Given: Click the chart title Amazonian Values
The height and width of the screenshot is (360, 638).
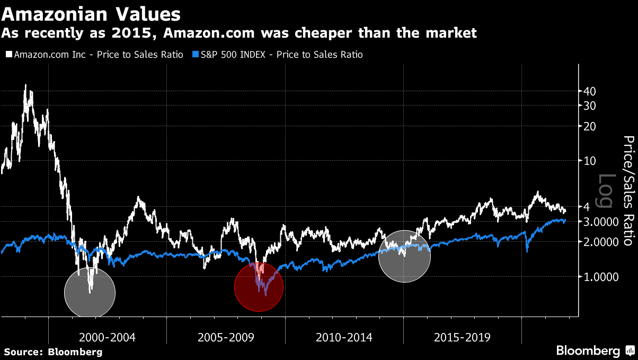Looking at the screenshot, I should (91, 13).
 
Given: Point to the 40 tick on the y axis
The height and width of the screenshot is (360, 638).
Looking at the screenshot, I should (590, 91).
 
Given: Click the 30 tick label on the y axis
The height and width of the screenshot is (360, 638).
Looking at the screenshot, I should (590, 106).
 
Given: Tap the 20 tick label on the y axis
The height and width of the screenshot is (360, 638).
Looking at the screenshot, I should (590, 126).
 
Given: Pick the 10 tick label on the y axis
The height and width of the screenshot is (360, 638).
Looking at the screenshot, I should (590, 161).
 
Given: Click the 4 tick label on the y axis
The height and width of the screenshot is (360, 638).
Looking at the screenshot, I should (587, 207).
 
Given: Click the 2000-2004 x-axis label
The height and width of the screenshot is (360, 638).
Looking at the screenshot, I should (107, 337).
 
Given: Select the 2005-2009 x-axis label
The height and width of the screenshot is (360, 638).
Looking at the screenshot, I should (225, 337).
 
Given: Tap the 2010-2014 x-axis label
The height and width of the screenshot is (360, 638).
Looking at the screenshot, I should (343, 337).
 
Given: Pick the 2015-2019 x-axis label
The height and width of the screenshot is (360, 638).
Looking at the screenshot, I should (462, 337).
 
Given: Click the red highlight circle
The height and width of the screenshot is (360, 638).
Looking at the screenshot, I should (259, 287).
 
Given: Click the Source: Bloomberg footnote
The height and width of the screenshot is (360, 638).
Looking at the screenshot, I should (53, 352).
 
